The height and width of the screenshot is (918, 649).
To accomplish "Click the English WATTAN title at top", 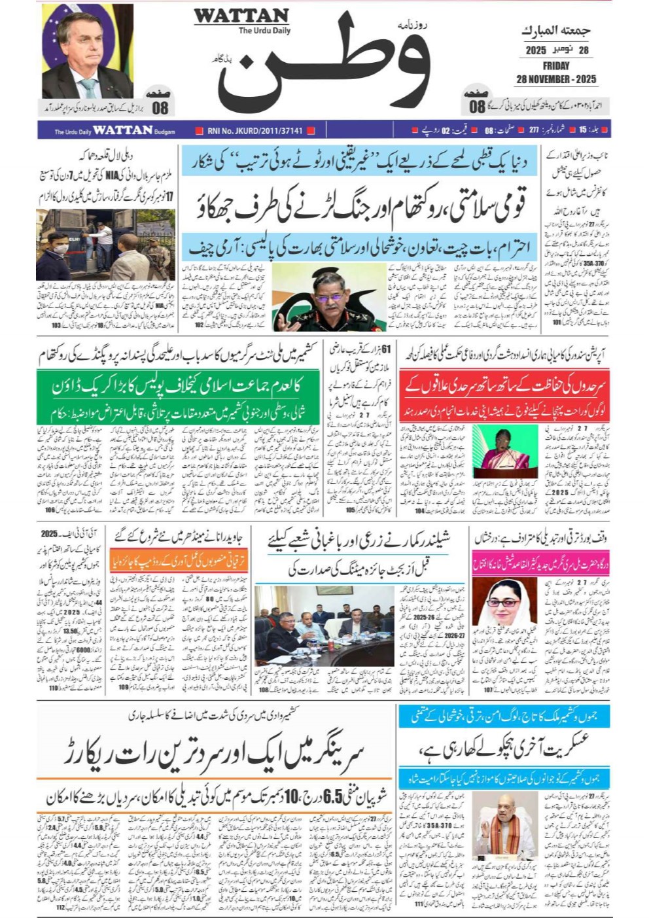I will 241,16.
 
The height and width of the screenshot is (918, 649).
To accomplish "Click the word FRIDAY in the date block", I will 555,65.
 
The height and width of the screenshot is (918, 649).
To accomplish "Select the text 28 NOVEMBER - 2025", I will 555,79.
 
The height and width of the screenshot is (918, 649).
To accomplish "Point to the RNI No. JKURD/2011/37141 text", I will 254,131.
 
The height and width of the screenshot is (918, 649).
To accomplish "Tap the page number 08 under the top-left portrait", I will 160,108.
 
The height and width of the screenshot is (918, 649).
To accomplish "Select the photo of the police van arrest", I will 105,245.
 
